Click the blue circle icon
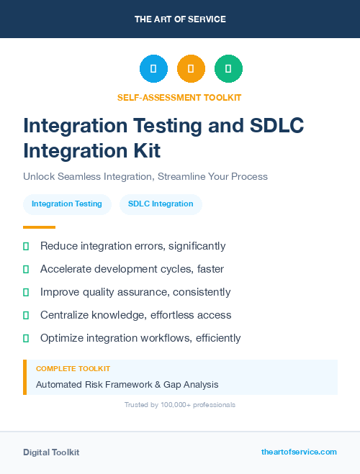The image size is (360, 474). coord(153,69)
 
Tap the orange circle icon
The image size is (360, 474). coord(191,69)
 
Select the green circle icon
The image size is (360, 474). coord(228,69)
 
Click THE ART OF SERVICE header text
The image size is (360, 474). coord(180,19)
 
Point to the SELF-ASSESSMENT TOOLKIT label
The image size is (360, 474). coord(179,97)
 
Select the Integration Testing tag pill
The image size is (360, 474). coord(67,204)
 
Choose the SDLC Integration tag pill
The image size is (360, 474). coord(161,204)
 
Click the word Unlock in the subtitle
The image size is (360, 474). coord(39,176)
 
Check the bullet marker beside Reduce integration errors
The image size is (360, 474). coord(26,246)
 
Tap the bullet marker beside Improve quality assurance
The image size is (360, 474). coord(26,292)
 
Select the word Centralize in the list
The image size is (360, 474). coord(66,315)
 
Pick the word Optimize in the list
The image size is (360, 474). coord(63,338)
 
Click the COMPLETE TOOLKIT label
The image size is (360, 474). coord(73,369)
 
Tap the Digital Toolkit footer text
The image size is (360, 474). coord(51,452)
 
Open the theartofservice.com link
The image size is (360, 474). coord(299,452)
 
